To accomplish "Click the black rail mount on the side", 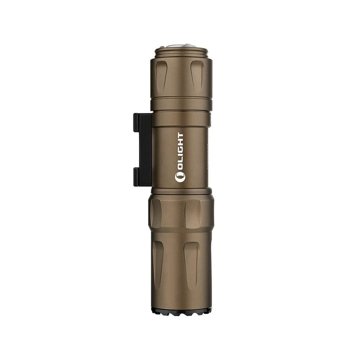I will coord(144,149).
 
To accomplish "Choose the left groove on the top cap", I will coord(161,75).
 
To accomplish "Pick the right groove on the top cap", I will coord(197,75).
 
